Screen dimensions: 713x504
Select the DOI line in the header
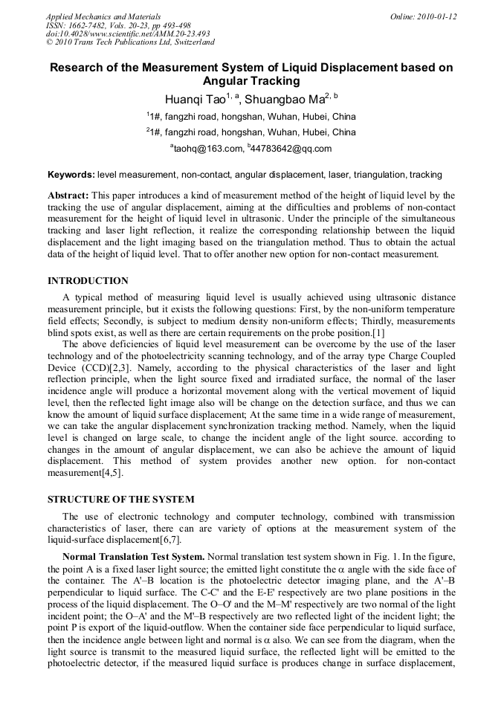click(128, 33)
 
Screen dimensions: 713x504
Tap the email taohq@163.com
click(209, 149)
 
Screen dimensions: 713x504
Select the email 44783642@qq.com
click(292, 149)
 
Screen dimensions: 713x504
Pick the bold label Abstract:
click(68, 195)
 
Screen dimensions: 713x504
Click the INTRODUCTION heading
click(88, 280)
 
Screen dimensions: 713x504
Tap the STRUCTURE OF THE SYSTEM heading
click(120, 498)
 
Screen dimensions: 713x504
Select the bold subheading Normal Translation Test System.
click(133, 556)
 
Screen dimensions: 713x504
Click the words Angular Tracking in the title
click(251, 81)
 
